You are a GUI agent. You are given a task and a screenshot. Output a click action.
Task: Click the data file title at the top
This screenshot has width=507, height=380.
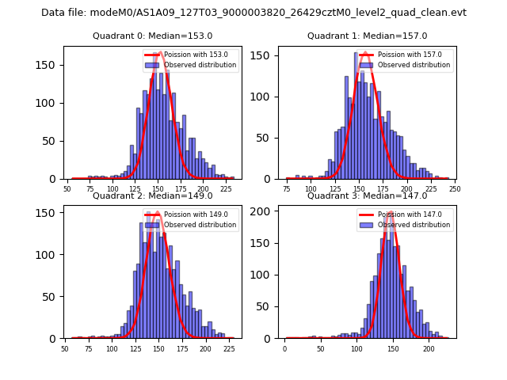pos(253,13)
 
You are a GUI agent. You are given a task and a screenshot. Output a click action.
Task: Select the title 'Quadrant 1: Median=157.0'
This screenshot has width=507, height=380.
pos(367,36)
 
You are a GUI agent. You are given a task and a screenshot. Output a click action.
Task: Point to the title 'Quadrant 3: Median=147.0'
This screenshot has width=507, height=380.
pos(367,196)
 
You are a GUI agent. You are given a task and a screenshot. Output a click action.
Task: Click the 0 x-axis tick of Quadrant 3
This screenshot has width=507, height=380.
pos(285,348)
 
